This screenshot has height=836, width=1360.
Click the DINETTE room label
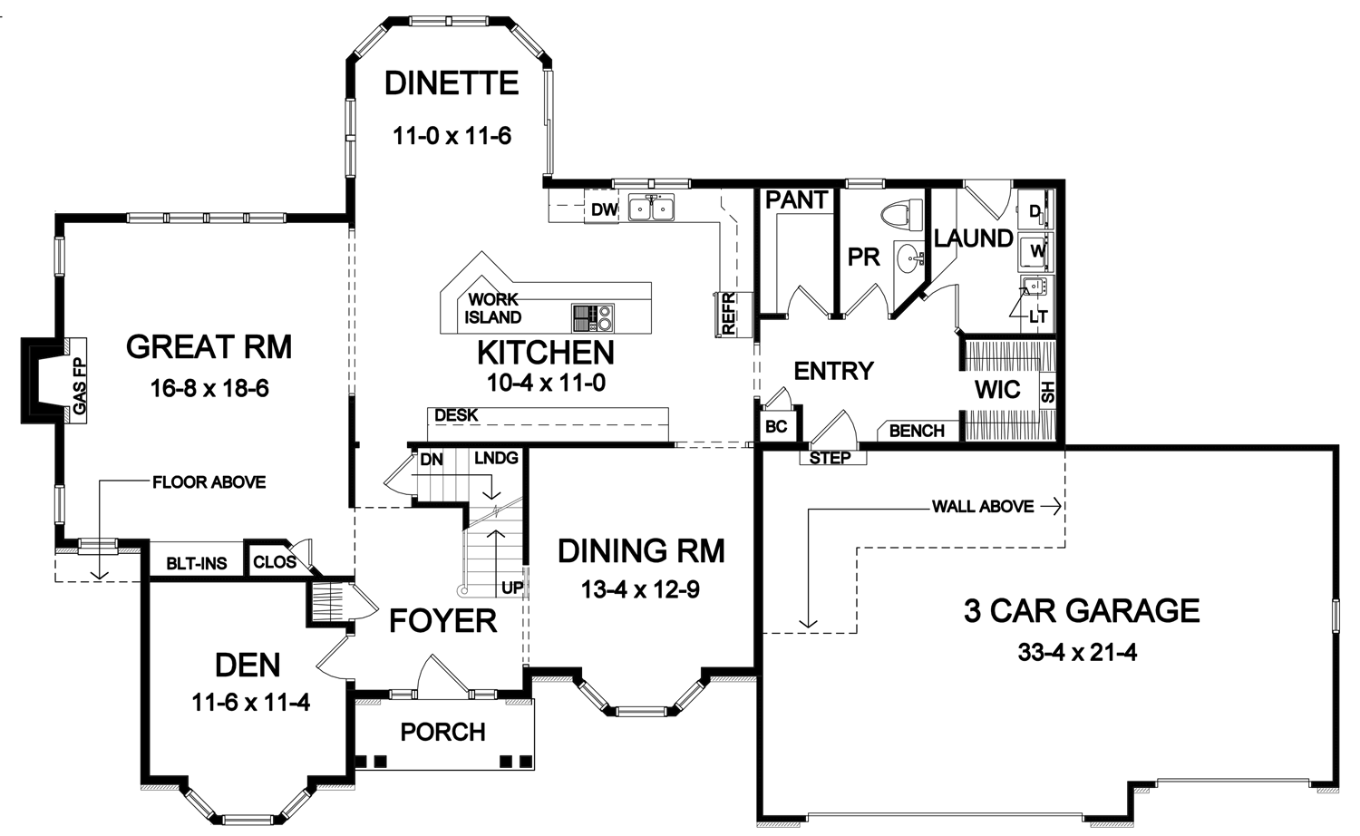452,83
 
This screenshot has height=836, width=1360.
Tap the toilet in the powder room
901,216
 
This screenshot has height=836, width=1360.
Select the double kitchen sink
652,208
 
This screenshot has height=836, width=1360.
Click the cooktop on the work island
593,318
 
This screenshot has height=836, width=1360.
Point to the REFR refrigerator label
729,313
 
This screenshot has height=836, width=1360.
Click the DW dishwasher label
604,210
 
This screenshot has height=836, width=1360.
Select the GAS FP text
80,386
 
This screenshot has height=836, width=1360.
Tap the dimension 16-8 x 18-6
209,389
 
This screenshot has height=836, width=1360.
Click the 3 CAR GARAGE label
1082,611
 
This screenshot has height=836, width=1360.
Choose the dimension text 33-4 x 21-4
1078,653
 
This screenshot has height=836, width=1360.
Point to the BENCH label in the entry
917,431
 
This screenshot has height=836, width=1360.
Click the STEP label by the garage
830,458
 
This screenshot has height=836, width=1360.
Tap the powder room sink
908,258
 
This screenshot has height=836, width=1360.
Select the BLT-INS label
197,563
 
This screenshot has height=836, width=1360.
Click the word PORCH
443,733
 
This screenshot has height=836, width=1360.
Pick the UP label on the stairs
512,588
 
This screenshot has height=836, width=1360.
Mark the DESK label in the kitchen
457,415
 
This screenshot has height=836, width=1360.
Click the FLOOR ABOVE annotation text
209,482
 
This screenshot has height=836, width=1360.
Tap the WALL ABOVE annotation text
983,506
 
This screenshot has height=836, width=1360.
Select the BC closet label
776,427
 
